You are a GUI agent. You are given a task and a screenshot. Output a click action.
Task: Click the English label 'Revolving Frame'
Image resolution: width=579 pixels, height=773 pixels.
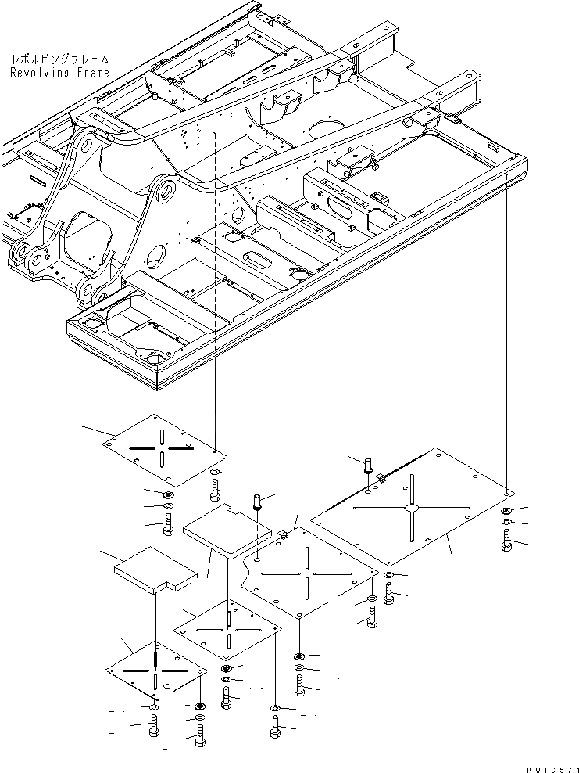60,73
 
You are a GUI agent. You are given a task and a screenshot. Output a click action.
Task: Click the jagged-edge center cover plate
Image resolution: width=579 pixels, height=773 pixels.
309,575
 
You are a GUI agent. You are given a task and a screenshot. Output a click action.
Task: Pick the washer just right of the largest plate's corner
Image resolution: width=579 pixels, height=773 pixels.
506,511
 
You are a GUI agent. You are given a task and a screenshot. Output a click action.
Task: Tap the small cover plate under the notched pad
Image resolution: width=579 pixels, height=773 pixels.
226,630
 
